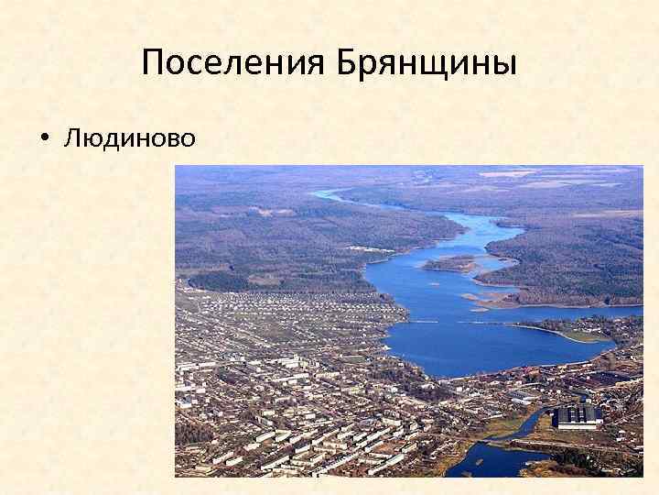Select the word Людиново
click(129, 137)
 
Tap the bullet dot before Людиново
click(43, 139)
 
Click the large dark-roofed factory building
click(578, 417)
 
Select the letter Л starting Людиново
click(71, 137)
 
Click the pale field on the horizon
click(513, 173)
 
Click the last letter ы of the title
click(506, 64)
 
